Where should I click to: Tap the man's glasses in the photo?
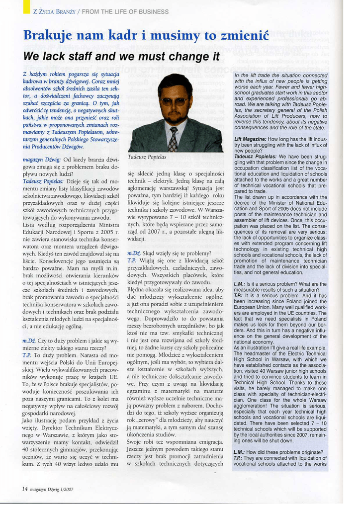click(175, 101)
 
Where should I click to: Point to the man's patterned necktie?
click(173, 140)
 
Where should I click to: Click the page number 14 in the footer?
click(24, 489)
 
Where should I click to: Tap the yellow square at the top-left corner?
click(26, 6)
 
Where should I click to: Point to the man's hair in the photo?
click(174, 82)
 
